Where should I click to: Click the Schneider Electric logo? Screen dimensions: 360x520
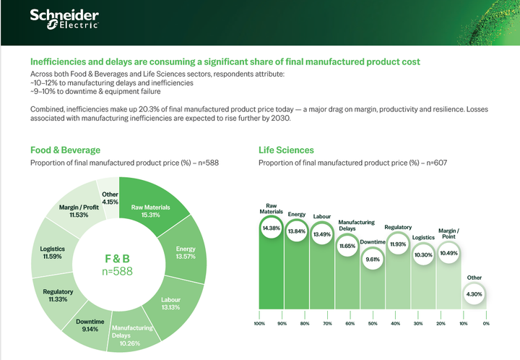(x=64, y=20)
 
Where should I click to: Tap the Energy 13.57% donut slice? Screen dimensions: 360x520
(x=184, y=254)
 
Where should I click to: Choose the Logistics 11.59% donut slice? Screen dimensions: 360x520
(x=52, y=253)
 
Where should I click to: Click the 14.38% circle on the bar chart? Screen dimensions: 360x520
(x=271, y=228)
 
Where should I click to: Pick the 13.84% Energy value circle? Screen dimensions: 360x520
(x=297, y=231)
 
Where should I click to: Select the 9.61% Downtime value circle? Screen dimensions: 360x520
(x=372, y=259)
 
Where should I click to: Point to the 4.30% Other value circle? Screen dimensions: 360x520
(x=474, y=294)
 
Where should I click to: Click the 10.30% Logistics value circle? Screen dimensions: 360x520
(x=423, y=254)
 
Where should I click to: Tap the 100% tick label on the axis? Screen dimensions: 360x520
(x=259, y=323)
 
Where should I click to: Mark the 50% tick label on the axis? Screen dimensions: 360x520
(x=373, y=323)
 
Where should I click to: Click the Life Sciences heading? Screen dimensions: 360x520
(x=286, y=150)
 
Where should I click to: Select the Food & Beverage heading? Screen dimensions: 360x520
(x=65, y=150)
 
